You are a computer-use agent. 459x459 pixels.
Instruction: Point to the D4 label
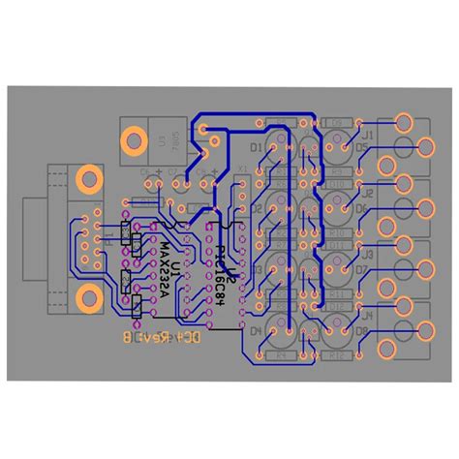257,331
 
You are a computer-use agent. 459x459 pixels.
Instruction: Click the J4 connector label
367,316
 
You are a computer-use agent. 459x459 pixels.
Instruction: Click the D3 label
257,270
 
